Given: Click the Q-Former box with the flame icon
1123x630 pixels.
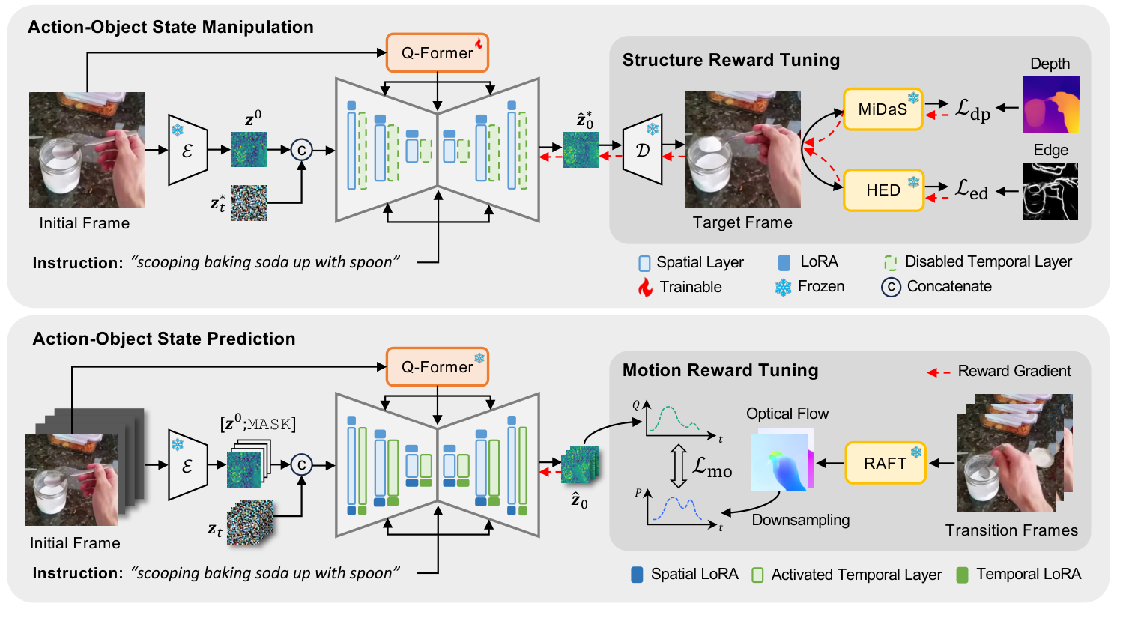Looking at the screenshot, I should click(x=438, y=53).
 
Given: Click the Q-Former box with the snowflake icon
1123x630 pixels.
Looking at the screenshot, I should click(x=438, y=367).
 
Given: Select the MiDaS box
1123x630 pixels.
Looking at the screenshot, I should click(x=883, y=109).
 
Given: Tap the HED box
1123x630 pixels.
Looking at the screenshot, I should click(x=883, y=190).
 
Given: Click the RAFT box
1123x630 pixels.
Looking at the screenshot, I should click(x=885, y=463).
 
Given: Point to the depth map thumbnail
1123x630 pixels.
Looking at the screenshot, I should click(x=1050, y=105).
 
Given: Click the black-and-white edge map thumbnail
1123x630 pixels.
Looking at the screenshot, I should click(x=1050, y=193).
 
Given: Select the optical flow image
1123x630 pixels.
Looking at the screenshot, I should click(x=781, y=460).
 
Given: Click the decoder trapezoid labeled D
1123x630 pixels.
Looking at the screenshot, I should click(x=643, y=150).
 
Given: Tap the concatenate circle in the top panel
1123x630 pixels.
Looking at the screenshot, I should click(x=301, y=150).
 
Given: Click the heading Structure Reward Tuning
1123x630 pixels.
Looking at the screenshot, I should click(x=730, y=61).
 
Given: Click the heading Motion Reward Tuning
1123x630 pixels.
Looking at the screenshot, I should click(x=720, y=371).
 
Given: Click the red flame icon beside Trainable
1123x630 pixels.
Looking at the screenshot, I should click(x=645, y=287).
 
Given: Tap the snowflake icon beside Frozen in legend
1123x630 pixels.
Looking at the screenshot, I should click(x=783, y=287).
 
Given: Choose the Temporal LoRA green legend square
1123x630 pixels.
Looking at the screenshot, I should click(x=963, y=575).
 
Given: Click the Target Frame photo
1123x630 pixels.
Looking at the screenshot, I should click(x=742, y=149).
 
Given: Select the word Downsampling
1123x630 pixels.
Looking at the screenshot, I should click(x=800, y=520).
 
